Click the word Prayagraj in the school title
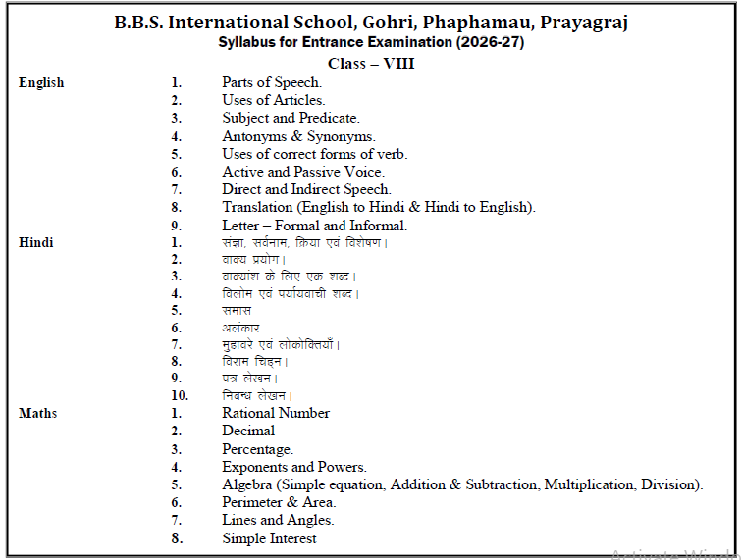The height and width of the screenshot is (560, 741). tap(580, 23)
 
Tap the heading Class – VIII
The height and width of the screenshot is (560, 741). tap(371, 63)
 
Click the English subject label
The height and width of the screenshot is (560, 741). tap(41, 83)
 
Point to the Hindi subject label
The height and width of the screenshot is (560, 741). tap(36, 242)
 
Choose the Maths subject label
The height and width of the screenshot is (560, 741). tap(37, 414)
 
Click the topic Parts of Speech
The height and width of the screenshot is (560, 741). tap(272, 83)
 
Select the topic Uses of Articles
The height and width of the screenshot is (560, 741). tap(274, 101)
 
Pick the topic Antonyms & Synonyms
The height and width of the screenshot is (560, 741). tap(298, 136)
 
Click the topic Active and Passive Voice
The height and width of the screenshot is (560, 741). tap(303, 172)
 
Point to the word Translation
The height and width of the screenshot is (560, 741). tap(258, 207)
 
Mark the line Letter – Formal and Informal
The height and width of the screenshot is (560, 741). tap(314, 225)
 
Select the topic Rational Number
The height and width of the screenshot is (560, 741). tap(276, 414)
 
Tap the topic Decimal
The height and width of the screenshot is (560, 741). tap(248, 431)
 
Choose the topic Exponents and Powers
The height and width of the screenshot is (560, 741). tap(294, 467)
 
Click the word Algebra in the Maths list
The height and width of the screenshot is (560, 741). tap(246, 484)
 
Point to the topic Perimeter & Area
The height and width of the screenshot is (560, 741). tap(279, 502)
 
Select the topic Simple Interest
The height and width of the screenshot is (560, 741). tap(269, 538)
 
